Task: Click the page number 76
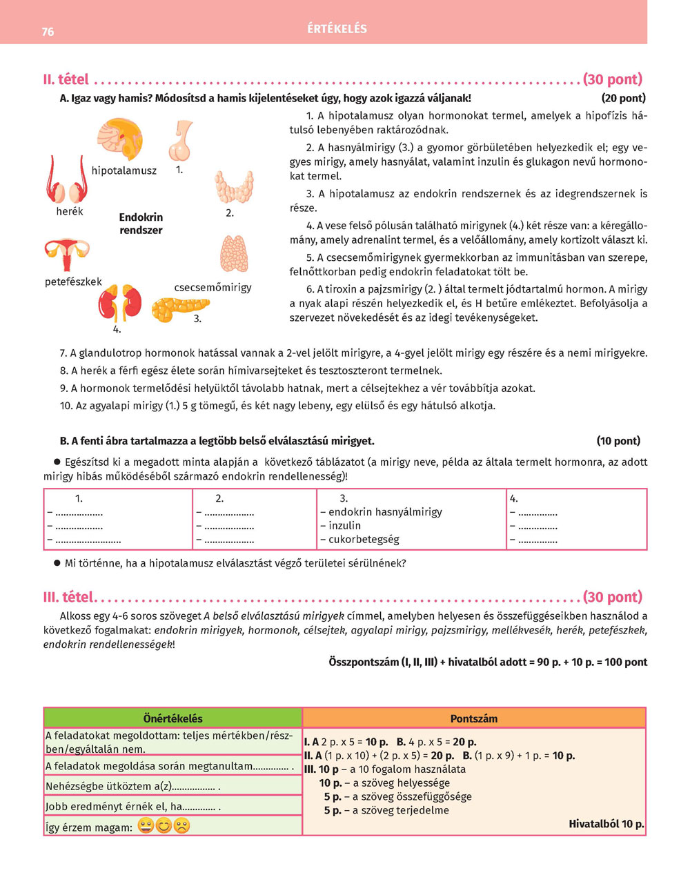[48, 31]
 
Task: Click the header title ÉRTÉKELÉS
[337, 29]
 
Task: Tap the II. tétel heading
[66, 79]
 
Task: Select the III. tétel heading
[69, 597]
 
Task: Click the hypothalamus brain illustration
[119, 139]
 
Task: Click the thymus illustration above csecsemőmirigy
[233, 254]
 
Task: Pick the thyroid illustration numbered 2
[233, 186]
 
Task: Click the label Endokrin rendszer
[141, 224]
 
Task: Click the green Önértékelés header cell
[172, 718]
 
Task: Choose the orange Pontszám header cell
[473, 718]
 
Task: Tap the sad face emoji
[181, 825]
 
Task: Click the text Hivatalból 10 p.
[606, 824]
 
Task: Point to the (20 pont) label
[623, 98]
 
